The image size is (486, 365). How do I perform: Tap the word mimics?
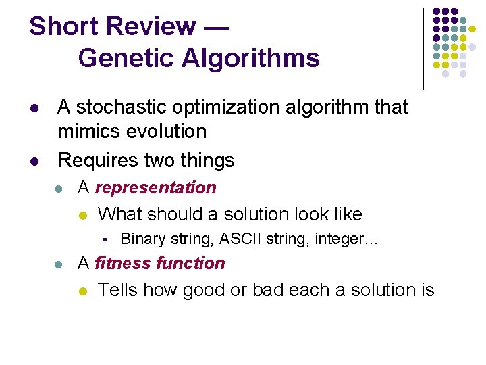pos(86,130)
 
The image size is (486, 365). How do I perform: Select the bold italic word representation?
pos(156,188)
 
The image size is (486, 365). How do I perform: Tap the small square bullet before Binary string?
pos(106,239)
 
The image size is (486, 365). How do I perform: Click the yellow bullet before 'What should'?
pos(82,216)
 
